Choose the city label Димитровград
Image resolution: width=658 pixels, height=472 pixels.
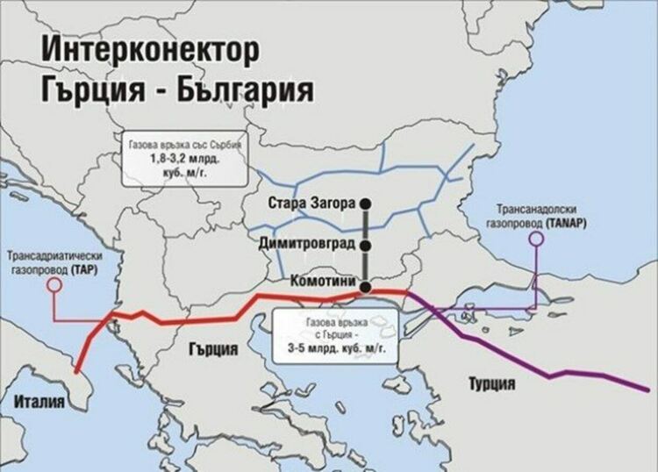click(305, 240)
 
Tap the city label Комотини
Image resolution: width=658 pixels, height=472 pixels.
click(319, 281)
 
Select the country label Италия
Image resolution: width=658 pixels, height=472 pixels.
click(40, 403)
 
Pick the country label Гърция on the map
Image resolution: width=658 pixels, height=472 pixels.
click(213, 348)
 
